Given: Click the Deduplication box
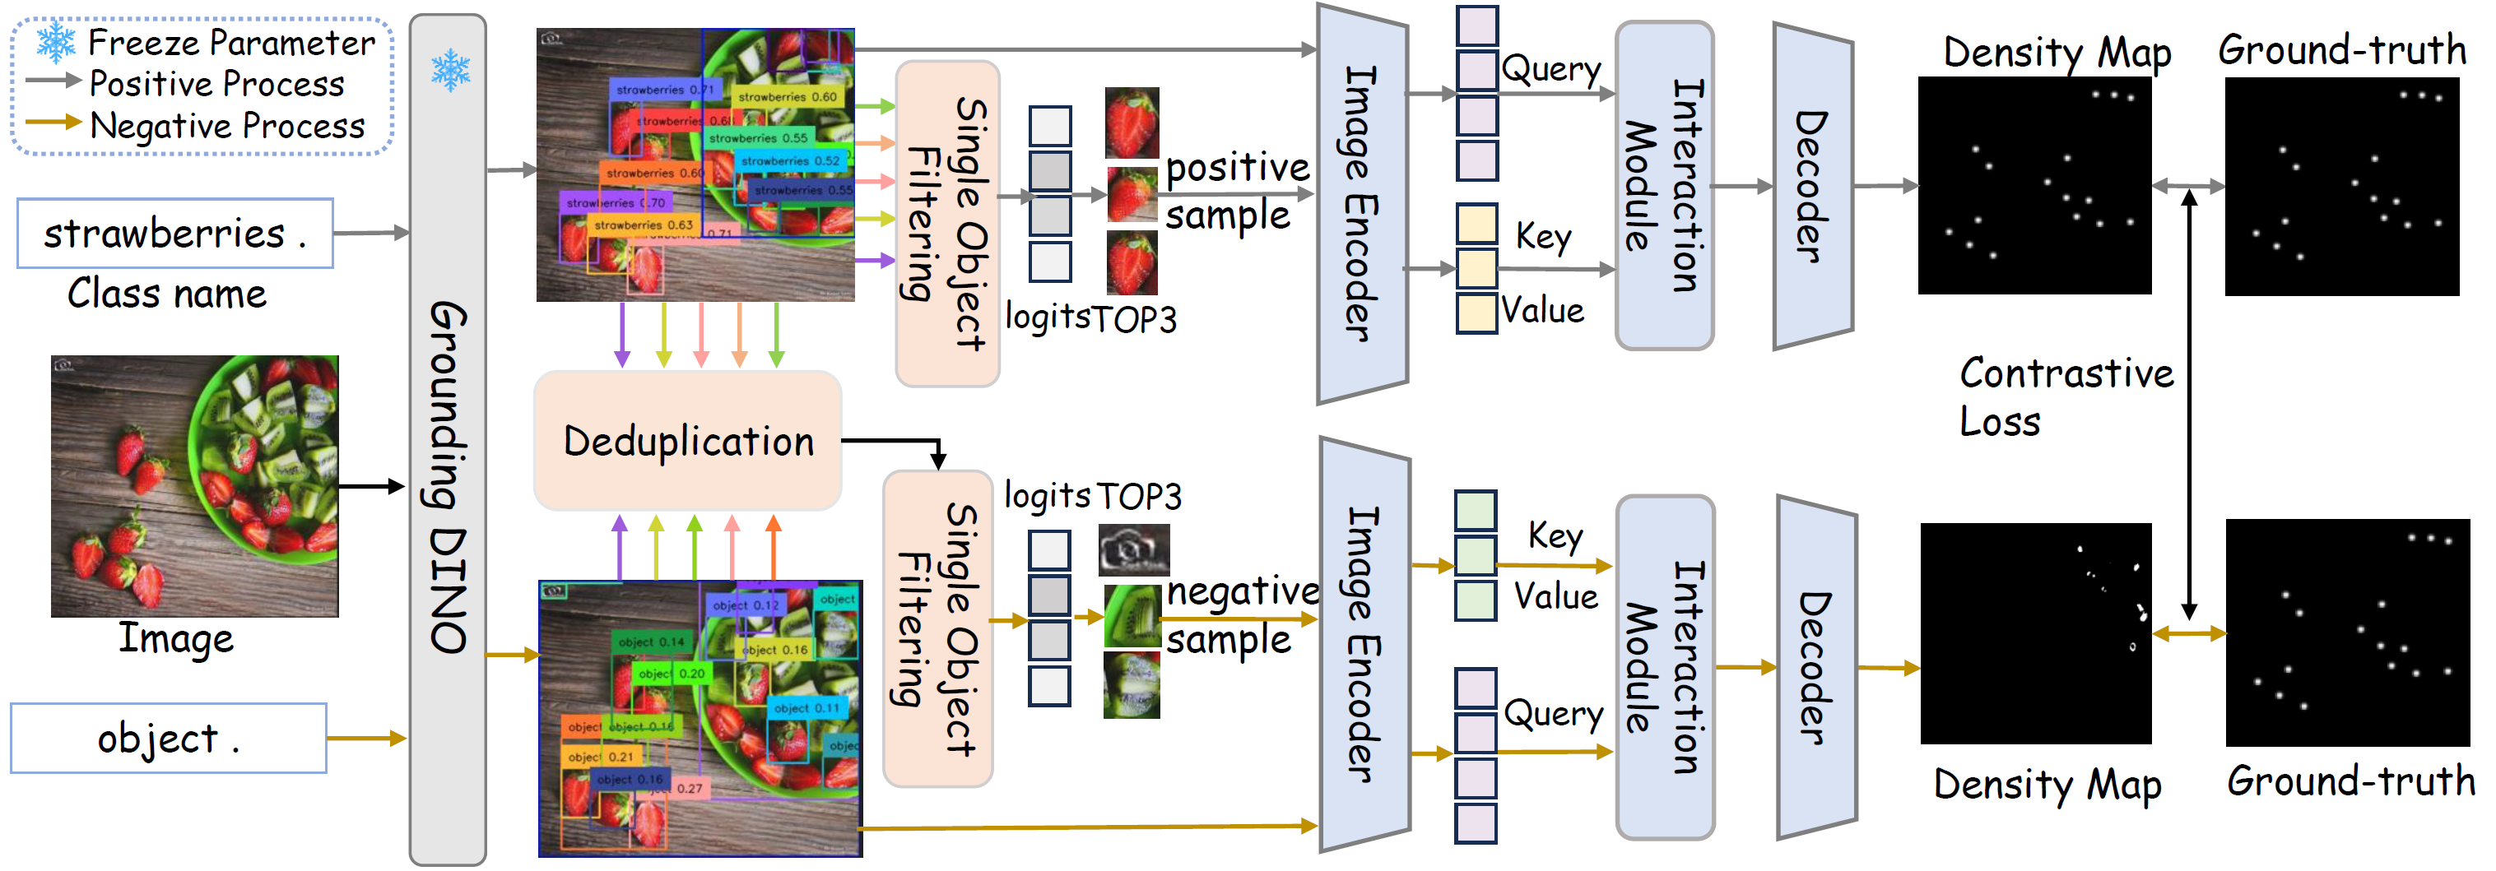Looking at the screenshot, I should point(687,441).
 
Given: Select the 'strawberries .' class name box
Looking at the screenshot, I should point(175,234).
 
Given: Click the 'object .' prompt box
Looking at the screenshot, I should point(169,739).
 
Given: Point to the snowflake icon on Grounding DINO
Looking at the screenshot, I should point(449,70).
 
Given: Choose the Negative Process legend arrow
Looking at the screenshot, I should point(53,123).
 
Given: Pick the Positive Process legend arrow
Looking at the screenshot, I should point(53,81).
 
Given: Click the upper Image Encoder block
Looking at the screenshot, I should point(1361,203).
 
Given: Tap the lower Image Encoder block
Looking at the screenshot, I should point(1364,644).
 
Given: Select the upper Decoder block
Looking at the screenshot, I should point(1812,186).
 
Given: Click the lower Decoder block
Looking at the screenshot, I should point(1815,668).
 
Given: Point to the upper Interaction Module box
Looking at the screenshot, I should point(1664,186).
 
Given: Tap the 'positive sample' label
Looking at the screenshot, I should point(1235,191).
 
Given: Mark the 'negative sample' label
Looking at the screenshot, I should point(1240,614).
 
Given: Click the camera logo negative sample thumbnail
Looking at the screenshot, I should point(1134,550).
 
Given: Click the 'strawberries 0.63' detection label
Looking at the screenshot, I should point(644,225).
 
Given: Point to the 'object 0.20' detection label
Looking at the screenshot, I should point(672,674).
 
